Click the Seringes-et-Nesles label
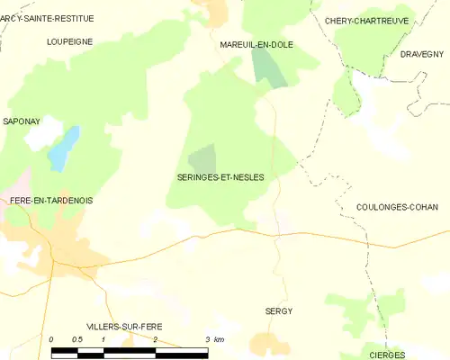(220, 177)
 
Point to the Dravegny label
(422, 54)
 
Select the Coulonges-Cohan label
(396, 207)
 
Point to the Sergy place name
(279, 310)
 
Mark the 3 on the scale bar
(207, 338)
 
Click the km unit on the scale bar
(220, 338)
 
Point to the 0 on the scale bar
(51, 338)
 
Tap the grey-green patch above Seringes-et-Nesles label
(203, 157)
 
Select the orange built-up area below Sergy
(270, 342)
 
